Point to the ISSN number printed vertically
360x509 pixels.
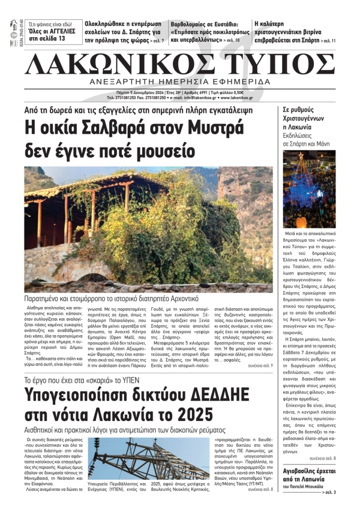click(x=13, y=34)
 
